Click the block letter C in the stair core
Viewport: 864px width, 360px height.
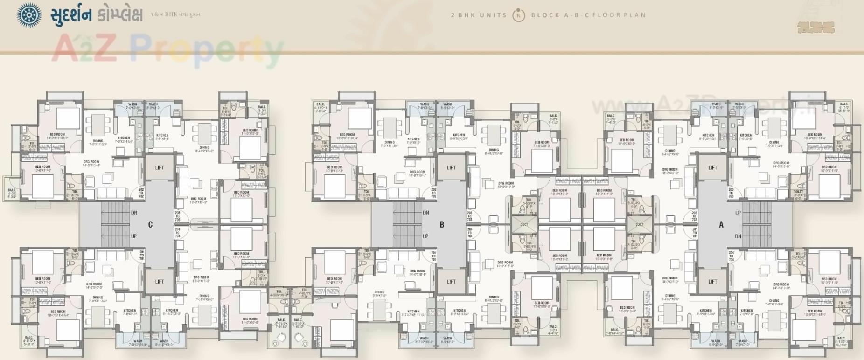click(x=150, y=225)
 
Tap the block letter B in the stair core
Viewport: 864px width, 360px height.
click(x=442, y=225)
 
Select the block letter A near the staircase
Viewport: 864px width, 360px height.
click(x=721, y=225)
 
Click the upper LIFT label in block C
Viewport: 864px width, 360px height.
click(x=160, y=168)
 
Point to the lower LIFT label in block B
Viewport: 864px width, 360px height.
click(x=451, y=282)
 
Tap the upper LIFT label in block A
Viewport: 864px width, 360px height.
click(x=712, y=168)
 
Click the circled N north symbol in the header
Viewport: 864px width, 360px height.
click(x=518, y=15)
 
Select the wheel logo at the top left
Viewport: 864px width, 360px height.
click(x=29, y=15)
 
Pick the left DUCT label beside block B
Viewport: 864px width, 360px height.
click(x=524, y=224)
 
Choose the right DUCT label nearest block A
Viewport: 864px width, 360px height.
click(x=639, y=224)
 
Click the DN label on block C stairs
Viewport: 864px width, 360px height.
click(x=134, y=213)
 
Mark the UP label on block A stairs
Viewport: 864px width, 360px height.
click(x=738, y=213)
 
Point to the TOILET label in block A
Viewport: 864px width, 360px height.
click(x=798, y=192)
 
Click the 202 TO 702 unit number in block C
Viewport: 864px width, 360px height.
click(x=141, y=193)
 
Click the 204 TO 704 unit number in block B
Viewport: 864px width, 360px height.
click(x=470, y=233)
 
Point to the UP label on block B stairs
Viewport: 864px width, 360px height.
click(x=425, y=236)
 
